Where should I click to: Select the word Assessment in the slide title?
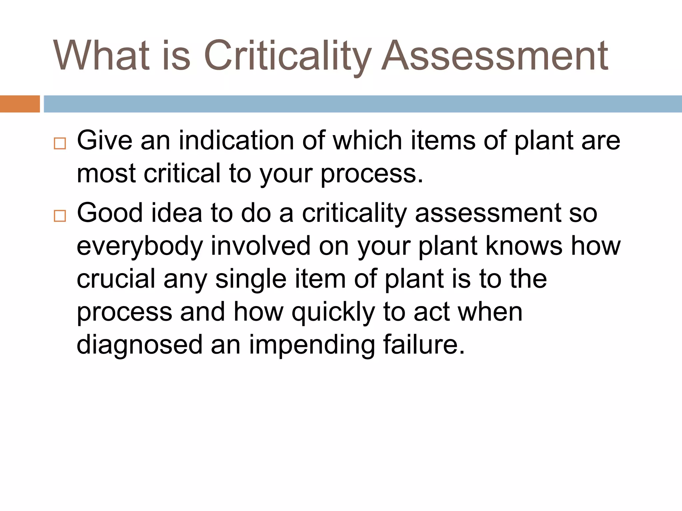click(495, 55)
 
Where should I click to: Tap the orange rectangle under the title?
click(20, 104)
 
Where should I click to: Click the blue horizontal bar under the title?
click(362, 104)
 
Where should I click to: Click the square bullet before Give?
click(60, 144)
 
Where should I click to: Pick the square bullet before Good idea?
click(60, 216)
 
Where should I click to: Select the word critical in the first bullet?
click(182, 173)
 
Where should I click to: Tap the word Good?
click(110, 213)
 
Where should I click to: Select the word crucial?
click(116, 279)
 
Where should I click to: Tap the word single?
click(251, 279)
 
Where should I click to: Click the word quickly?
click(333, 312)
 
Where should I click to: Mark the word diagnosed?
click(140, 345)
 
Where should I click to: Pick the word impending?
click(312, 345)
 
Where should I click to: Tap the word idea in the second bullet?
click(176, 213)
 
